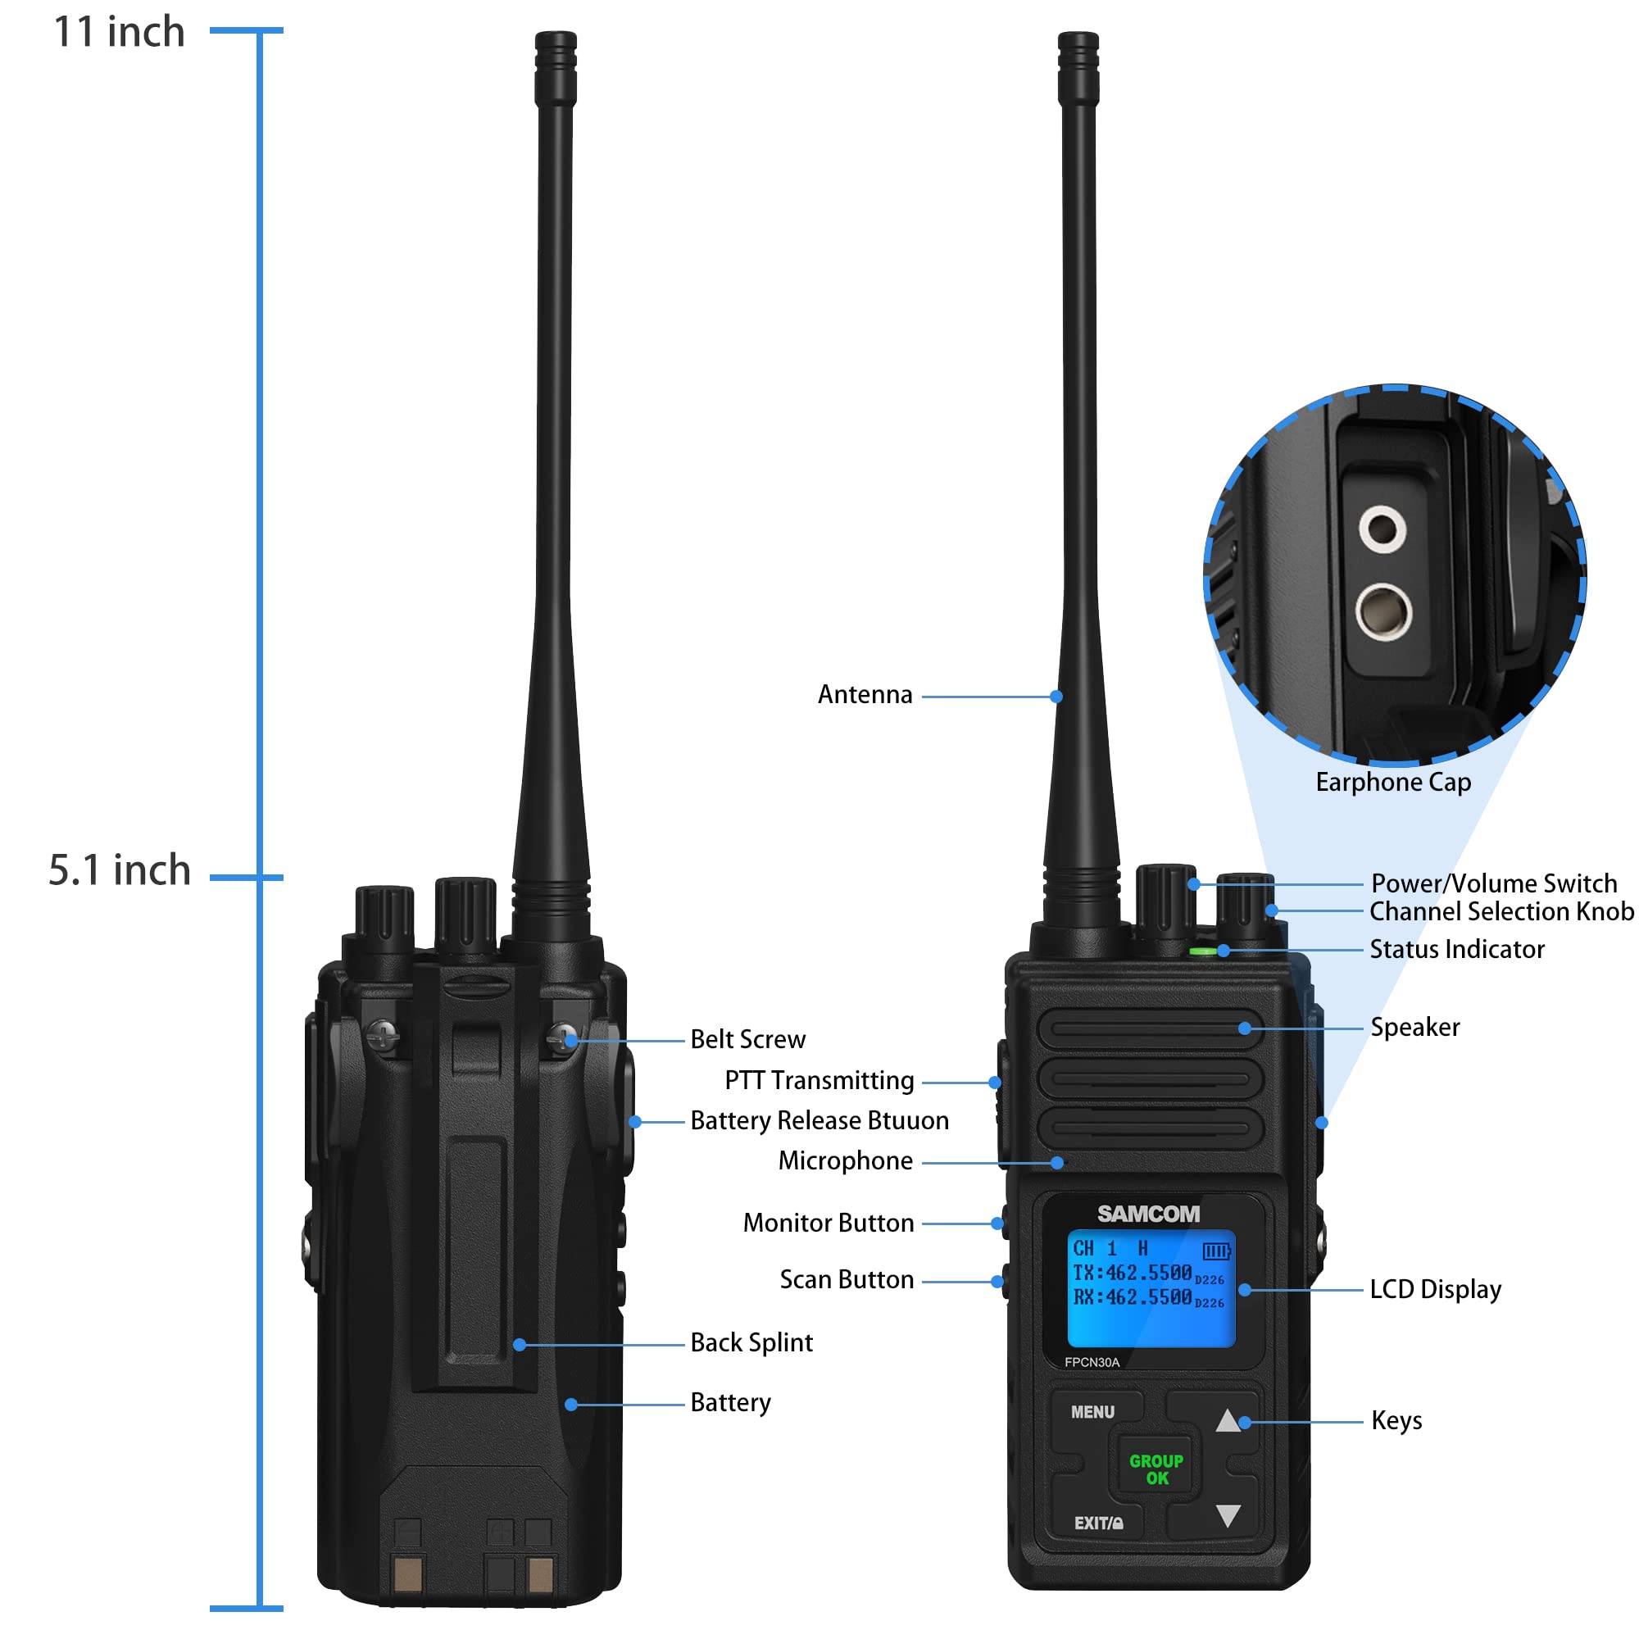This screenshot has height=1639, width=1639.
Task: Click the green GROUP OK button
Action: click(1156, 1469)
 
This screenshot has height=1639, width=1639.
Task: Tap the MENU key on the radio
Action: click(1092, 1413)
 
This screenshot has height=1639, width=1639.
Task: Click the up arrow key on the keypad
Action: click(1228, 1421)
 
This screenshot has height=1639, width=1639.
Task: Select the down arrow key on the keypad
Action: click(1228, 1515)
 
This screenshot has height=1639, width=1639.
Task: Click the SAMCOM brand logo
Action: click(1149, 1214)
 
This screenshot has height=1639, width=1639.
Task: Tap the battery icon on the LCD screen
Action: click(1215, 1251)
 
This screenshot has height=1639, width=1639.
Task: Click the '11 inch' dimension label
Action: click(119, 32)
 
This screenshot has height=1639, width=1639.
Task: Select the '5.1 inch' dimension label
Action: click(120, 870)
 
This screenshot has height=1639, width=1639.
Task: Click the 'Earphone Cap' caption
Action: click(1393, 782)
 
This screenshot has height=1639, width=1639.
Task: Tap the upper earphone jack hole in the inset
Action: click(1382, 529)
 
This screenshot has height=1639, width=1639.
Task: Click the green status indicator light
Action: click(1202, 951)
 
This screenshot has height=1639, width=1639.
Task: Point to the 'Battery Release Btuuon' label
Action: click(819, 1120)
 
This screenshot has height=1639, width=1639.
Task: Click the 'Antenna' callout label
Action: click(865, 695)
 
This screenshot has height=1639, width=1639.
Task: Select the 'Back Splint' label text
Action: click(751, 1343)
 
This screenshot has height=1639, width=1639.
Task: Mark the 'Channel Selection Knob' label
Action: click(1501, 912)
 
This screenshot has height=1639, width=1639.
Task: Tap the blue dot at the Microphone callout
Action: click(1057, 1163)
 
